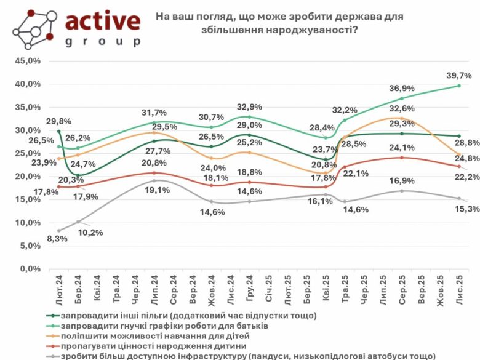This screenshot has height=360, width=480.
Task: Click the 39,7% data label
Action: tap(459, 75)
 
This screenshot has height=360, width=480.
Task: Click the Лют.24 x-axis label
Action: tap(60, 289)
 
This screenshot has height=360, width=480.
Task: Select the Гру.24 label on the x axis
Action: tap(250, 289)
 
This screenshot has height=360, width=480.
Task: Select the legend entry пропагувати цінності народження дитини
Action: tap(151, 346)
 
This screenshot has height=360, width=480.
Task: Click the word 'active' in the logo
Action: tap(102, 22)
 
